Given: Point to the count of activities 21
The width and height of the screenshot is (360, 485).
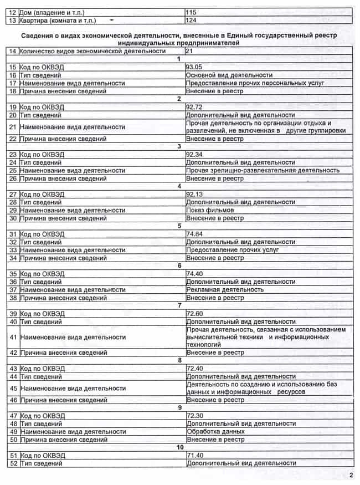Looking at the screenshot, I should tap(190, 51).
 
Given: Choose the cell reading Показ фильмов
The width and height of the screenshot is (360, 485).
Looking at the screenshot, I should tap(210, 210).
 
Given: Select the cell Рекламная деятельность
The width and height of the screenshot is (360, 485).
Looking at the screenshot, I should tap(225, 289).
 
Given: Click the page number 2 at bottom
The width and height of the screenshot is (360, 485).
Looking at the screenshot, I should tap(351, 475).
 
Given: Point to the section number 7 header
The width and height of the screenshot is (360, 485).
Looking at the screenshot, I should tap(179, 305).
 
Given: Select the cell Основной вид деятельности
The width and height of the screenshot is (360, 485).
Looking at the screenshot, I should tap(229, 75).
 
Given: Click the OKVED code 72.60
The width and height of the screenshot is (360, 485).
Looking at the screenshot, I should tap(196, 314).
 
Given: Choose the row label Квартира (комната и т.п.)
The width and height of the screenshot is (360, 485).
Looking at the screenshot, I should tap(58, 21).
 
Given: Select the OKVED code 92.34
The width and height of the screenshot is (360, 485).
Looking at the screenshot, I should tap(196, 154).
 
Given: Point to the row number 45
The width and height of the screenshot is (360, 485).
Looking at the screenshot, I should tap(13, 388).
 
